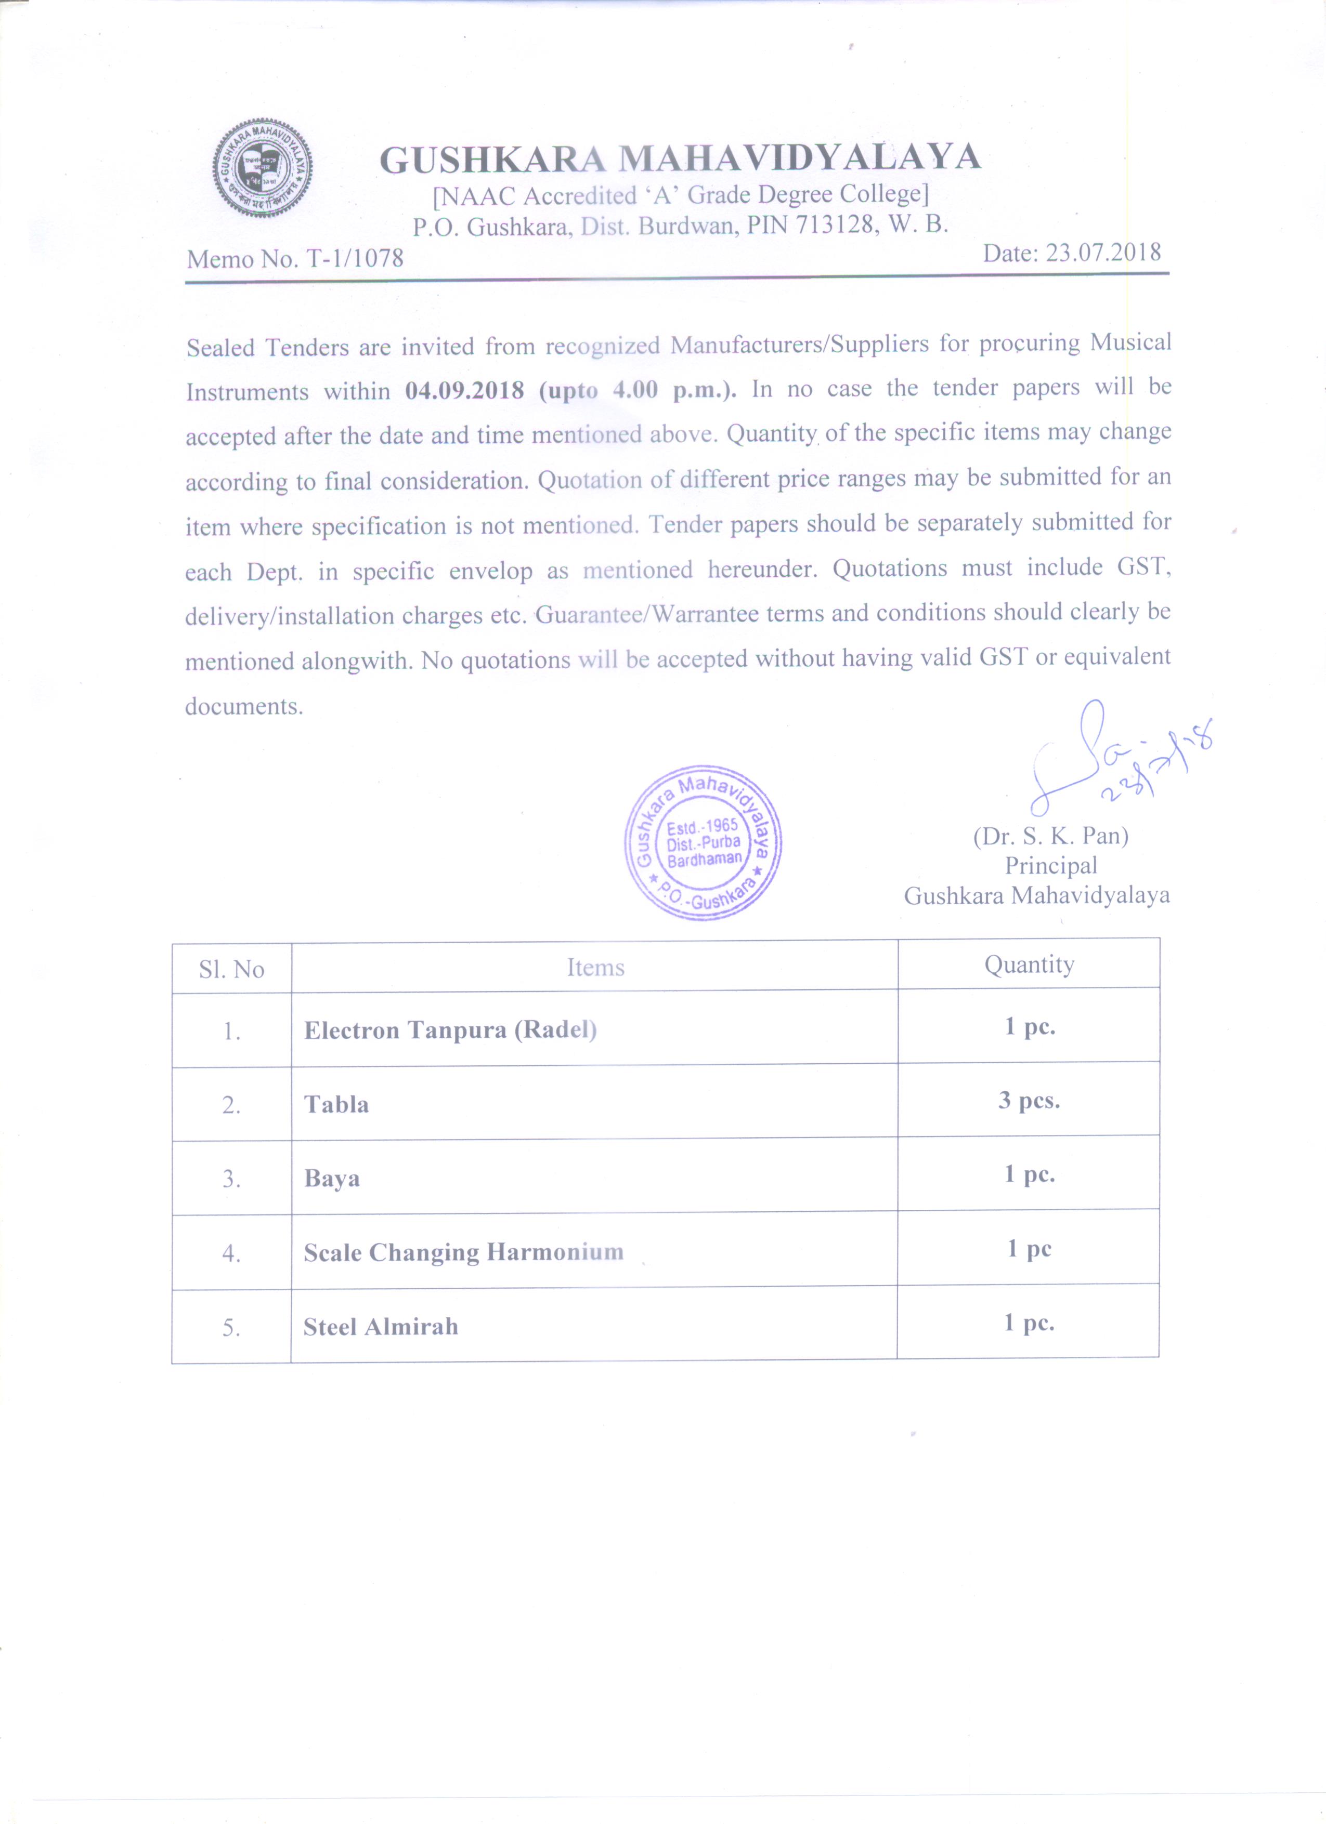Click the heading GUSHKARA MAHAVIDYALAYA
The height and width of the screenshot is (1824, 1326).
[x=680, y=158]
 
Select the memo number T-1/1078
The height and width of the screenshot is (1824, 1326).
[x=354, y=258]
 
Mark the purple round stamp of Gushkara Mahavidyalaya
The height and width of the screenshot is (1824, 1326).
[x=703, y=842]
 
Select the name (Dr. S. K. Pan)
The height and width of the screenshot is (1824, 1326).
[x=1051, y=837]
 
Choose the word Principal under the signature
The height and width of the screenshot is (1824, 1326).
[x=1051, y=866]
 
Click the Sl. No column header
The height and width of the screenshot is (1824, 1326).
[x=232, y=969]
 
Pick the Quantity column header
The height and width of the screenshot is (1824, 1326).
[x=1029, y=964]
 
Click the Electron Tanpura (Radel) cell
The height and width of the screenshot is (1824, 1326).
[x=451, y=1030]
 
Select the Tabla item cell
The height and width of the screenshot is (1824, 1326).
[x=336, y=1104]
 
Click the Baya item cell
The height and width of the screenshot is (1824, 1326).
[x=332, y=1179]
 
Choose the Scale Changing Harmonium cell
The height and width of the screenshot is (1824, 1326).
[x=463, y=1253]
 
